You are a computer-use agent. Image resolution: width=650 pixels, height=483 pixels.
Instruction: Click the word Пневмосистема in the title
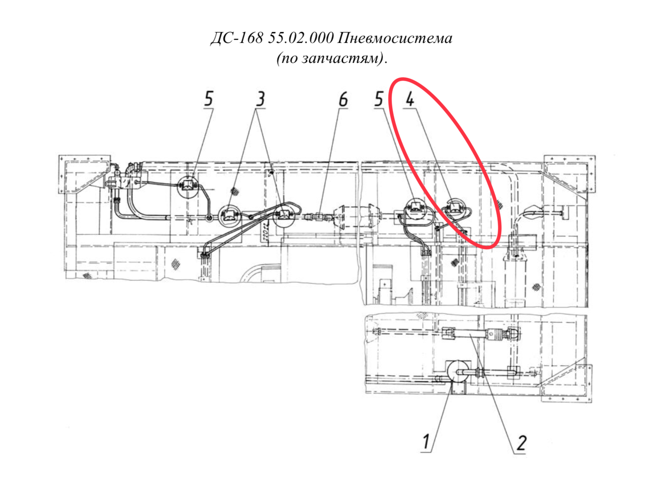coord(394,38)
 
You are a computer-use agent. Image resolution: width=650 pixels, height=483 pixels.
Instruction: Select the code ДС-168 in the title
coord(237,38)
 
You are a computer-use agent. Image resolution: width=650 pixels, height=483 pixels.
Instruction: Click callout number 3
coord(260,99)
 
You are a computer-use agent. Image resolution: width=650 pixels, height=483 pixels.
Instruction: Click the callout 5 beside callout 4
coord(379,99)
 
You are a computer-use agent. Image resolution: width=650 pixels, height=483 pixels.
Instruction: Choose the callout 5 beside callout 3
coord(208,99)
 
